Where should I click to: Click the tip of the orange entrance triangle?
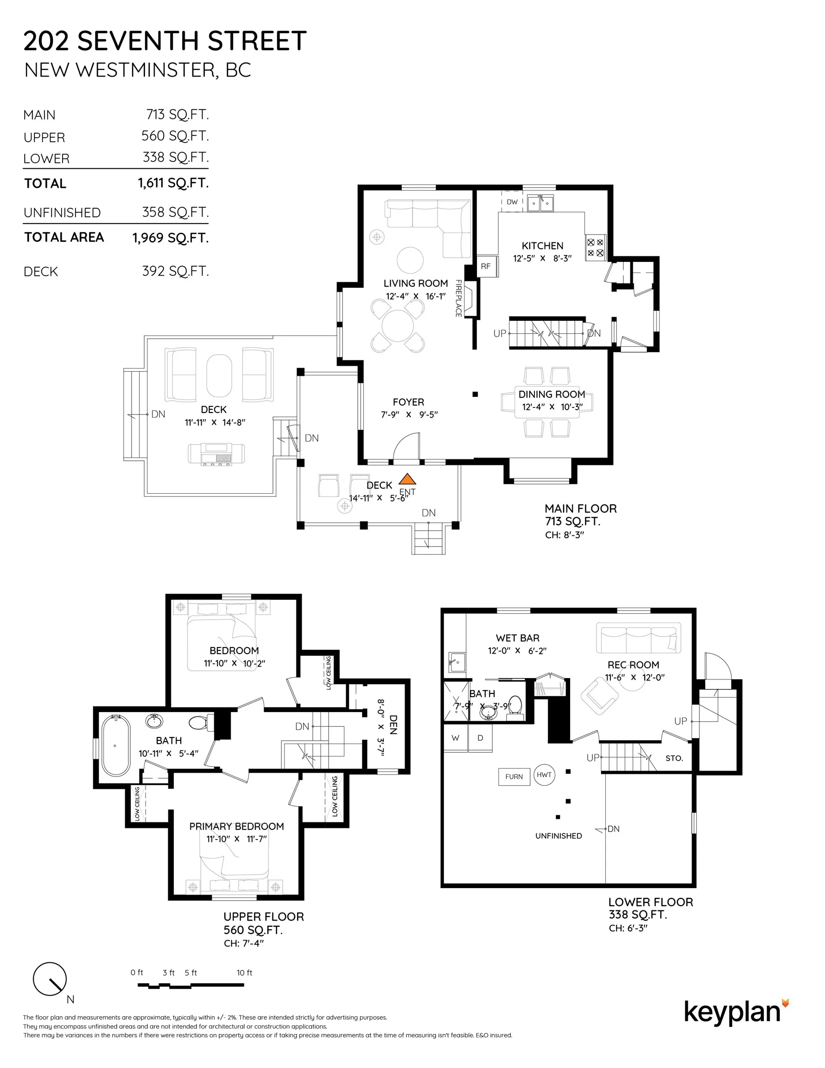(x=407, y=473)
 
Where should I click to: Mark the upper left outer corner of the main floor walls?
(x=358, y=185)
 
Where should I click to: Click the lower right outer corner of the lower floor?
(x=696, y=888)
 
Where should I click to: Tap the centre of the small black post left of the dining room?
(x=475, y=394)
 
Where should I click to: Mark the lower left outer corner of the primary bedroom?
(x=169, y=900)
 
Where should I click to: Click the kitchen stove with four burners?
(x=595, y=248)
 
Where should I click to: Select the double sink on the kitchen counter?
(x=540, y=203)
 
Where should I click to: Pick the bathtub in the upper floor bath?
(x=116, y=746)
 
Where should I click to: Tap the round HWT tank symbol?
(x=544, y=775)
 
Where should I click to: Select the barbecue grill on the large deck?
(x=216, y=454)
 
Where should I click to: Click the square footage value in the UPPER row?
(x=175, y=136)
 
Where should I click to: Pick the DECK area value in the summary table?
(x=175, y=271)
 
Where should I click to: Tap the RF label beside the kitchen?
(x=485, y=267)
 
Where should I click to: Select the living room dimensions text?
(x=415, y=296)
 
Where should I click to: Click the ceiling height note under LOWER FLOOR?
(x=628, y=928)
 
